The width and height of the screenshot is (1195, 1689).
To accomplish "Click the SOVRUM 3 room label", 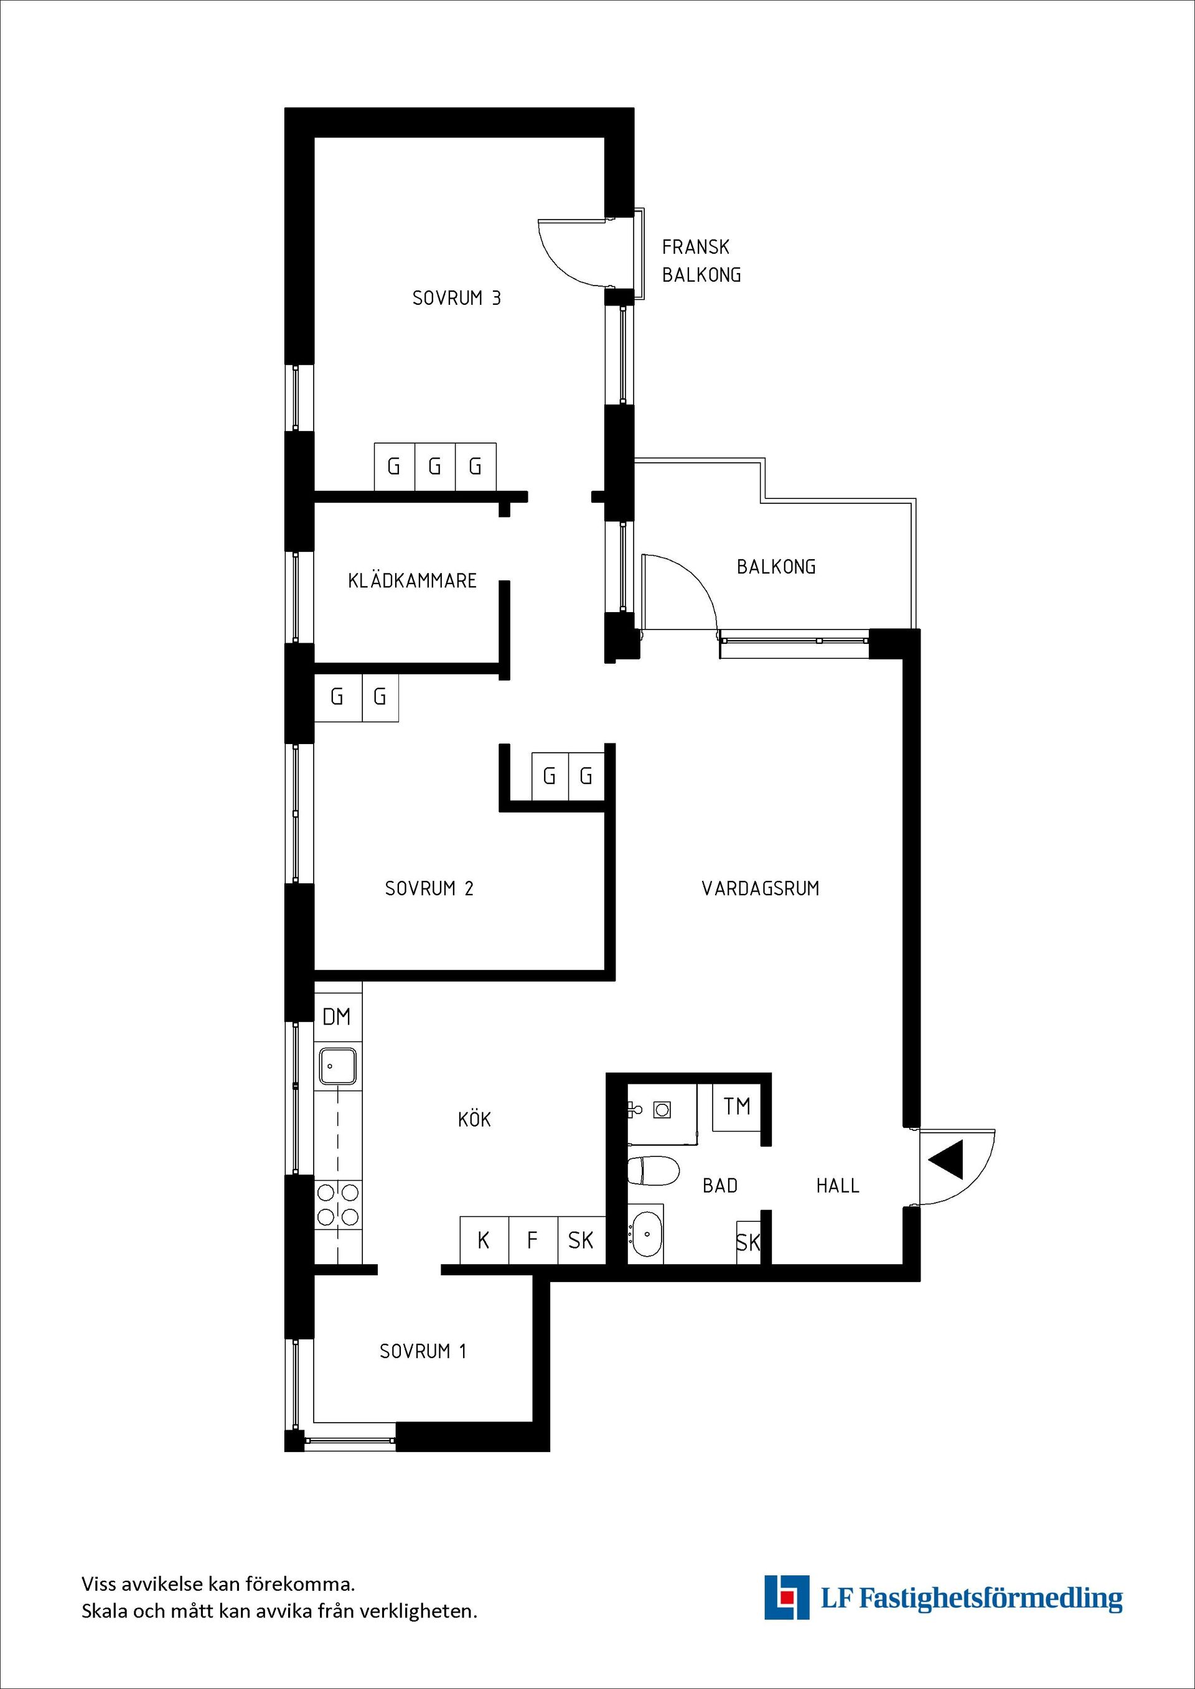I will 456,298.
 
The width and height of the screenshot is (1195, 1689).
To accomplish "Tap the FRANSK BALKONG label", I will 701,261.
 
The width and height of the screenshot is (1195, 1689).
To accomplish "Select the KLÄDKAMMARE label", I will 412,581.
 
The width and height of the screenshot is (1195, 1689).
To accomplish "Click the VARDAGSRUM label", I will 760,888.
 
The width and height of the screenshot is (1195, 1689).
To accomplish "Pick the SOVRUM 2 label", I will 429,888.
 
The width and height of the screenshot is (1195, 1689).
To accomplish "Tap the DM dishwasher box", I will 337,1017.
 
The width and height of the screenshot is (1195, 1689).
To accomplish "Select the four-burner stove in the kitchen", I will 338,1204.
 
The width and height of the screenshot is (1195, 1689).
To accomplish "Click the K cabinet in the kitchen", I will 484,1241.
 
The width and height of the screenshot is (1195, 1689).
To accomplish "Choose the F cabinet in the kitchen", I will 533,1241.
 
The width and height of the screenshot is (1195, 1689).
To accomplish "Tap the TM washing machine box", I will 736,1106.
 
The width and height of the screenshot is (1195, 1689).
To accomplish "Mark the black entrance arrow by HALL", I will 947,1160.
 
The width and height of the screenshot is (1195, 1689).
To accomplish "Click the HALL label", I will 837,1186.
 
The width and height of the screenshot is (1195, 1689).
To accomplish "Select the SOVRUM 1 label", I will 423,1351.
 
